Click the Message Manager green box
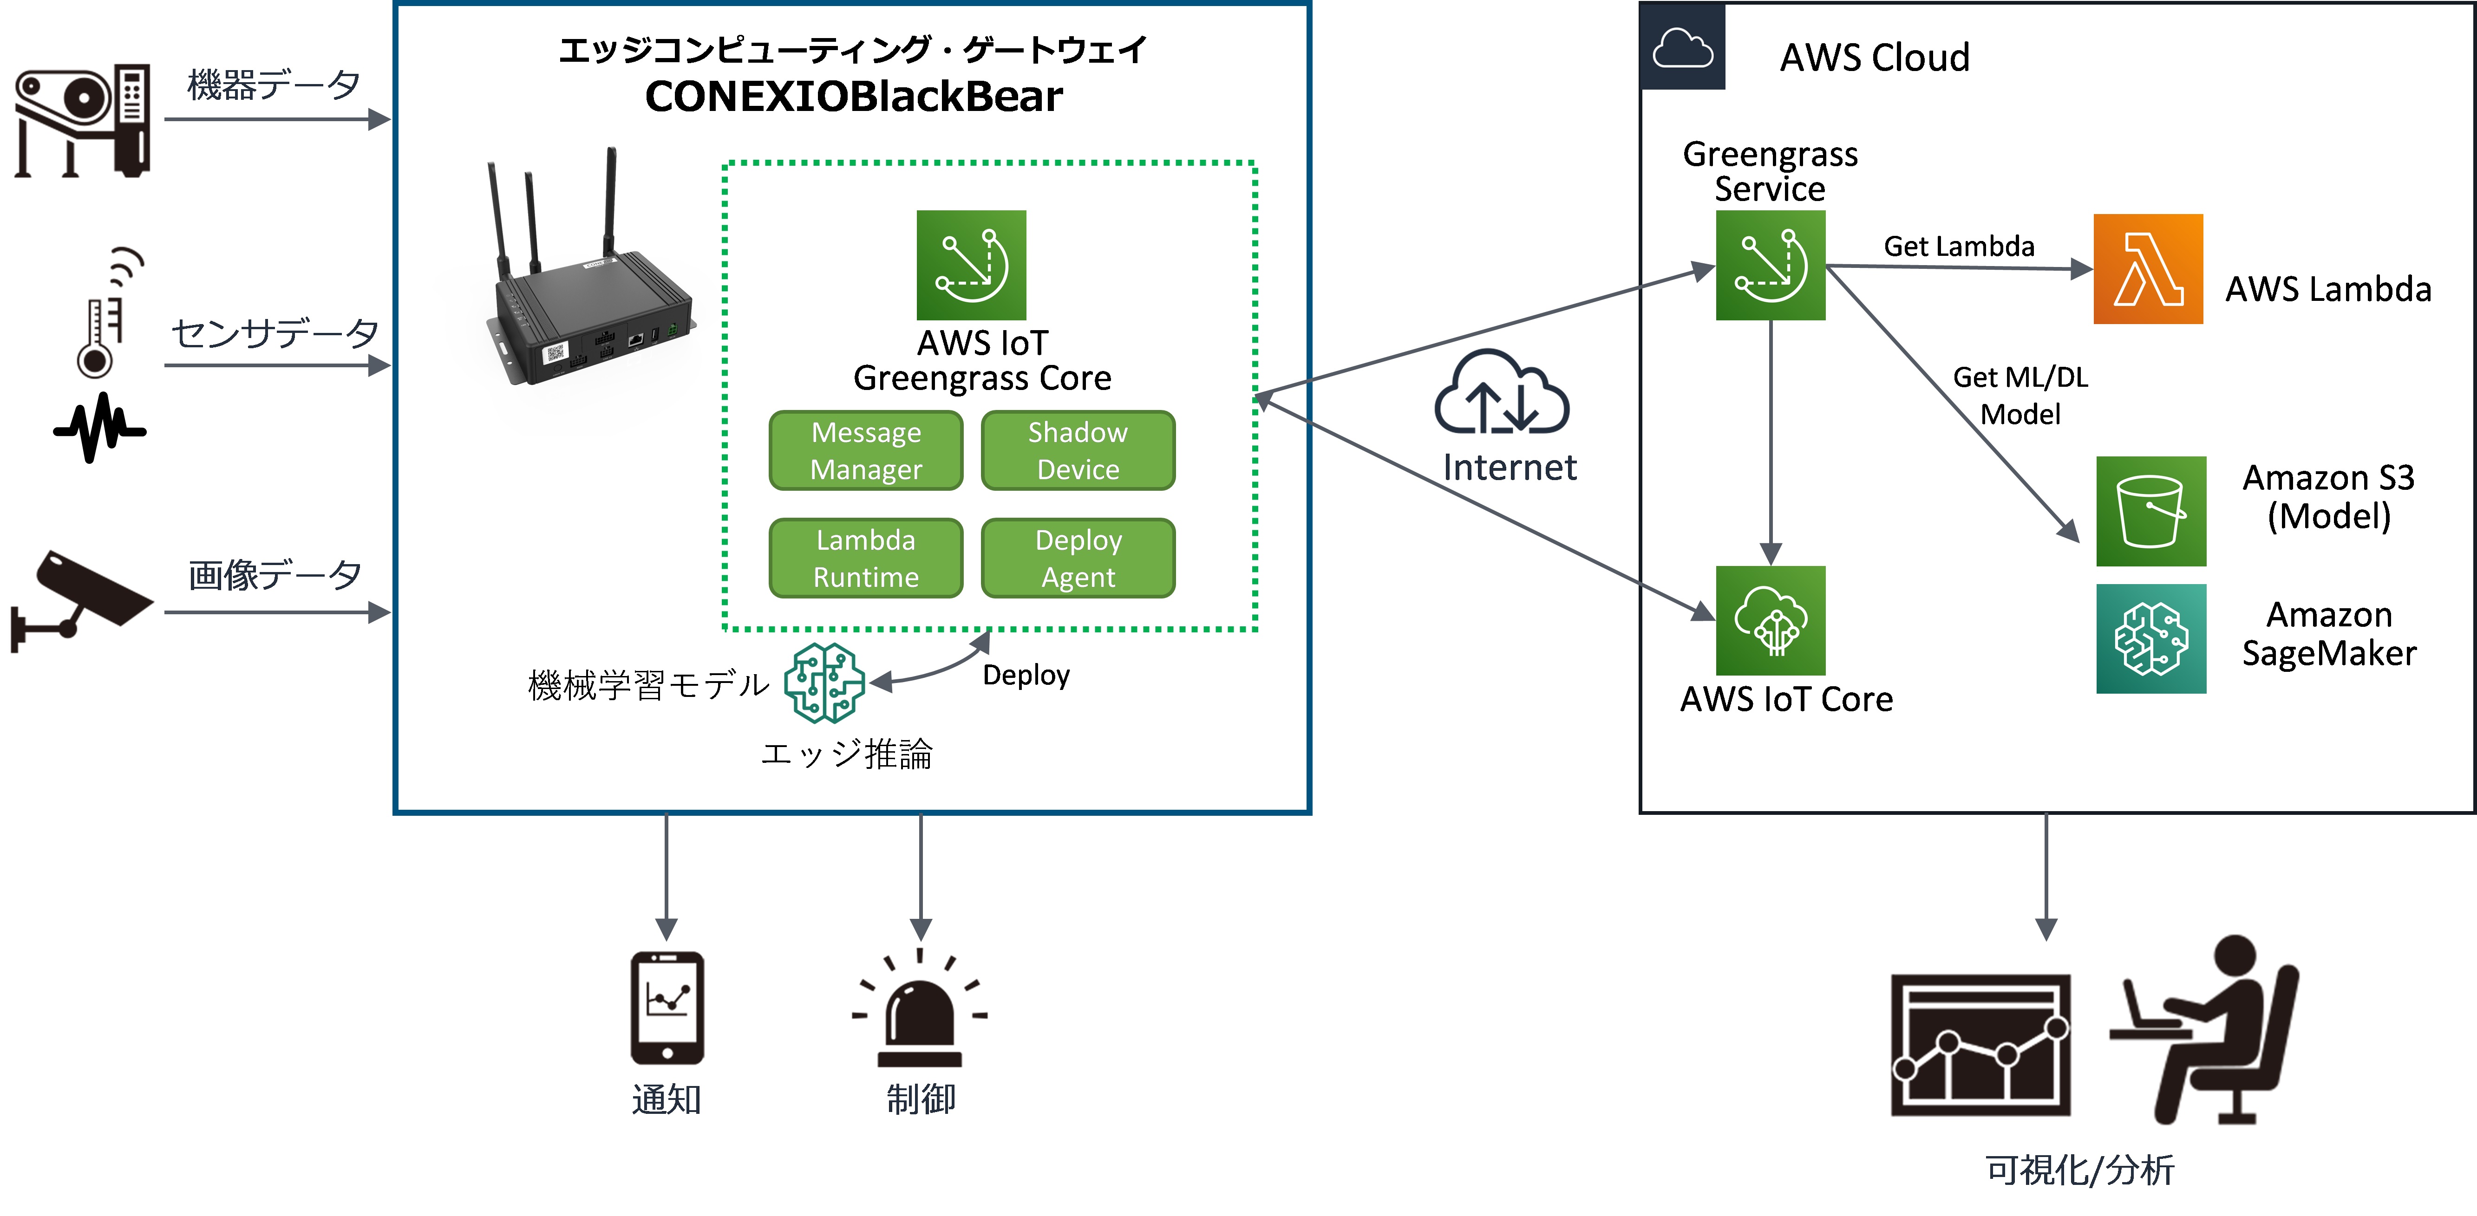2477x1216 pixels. coord(865,451)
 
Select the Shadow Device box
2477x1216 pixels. coord(1078,451)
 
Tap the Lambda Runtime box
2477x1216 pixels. coord(865,559)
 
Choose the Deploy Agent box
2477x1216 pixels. coord(1078,559)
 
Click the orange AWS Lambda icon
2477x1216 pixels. coord(2148,269)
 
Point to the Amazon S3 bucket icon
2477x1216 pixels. coord(2151,511)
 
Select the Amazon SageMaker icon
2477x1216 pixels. coord(2151,639)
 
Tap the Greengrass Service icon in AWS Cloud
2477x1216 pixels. coord(1770,265)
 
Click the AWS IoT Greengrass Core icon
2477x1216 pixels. coord(971,265)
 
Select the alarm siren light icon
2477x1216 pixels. coord(920,1009)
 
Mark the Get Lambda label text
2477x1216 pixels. coord(1959,247)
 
